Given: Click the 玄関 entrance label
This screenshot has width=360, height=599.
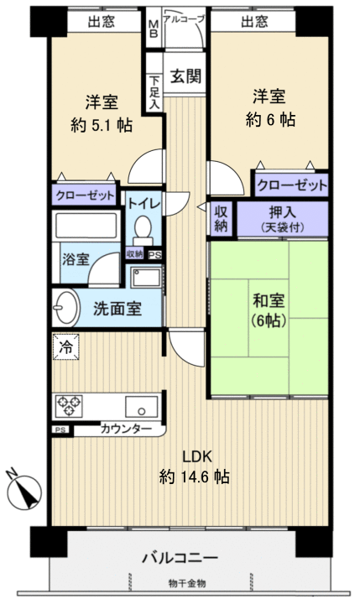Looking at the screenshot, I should click(186, 76).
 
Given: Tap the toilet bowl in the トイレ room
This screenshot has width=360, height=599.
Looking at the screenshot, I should click(143, 228).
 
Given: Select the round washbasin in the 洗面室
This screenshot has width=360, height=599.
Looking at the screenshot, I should click(65, 306).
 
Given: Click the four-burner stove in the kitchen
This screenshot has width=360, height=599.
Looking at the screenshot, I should click(69, 406).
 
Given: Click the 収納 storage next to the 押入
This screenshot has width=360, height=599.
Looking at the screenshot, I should click(221, 218).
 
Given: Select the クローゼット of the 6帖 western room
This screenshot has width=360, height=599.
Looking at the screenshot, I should click(291, 185).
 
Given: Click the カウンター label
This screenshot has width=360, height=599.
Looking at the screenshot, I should click(126, 430).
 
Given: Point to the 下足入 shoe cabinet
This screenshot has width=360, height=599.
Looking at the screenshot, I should click(154, 88).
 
